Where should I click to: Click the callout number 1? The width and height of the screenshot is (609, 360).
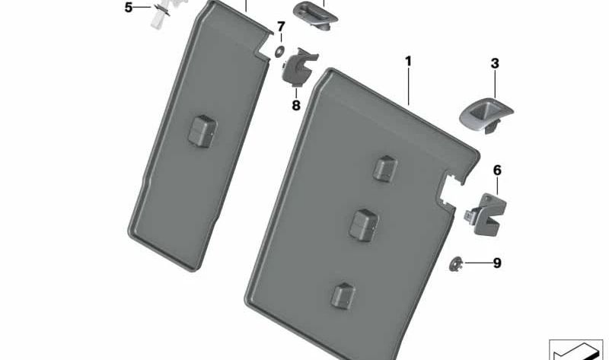408,62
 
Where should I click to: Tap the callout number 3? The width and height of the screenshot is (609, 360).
495,64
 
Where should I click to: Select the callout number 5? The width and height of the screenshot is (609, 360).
129,8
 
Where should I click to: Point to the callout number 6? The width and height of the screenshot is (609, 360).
497,170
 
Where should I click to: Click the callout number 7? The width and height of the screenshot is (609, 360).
281,27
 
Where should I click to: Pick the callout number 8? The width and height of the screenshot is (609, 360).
296,105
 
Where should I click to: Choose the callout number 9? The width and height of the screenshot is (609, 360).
497,263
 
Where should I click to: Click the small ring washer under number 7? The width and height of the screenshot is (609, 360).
279,51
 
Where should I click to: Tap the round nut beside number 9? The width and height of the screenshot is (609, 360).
455,264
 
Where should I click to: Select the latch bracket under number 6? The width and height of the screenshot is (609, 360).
486,215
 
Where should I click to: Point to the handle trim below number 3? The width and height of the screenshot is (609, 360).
486,115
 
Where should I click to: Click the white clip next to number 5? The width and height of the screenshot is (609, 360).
163,14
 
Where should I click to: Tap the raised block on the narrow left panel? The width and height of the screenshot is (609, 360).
202,131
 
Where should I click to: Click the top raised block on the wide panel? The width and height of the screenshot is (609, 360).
384,169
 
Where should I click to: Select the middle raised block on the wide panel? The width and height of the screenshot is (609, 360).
364,225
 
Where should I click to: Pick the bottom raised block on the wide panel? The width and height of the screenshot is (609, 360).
343,296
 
